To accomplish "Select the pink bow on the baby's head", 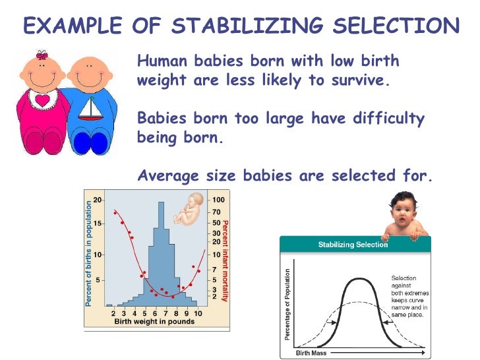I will (x=42, y=54).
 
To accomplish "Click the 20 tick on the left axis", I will (x=97, y=200).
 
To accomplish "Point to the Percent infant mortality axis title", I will (x=225, y=260).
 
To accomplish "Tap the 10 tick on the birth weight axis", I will (x=198, y=312).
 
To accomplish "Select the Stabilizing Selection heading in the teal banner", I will (x=353, y=245).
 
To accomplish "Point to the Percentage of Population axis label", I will (x=288, y=305).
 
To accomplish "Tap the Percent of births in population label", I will (x=88, y=254).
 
